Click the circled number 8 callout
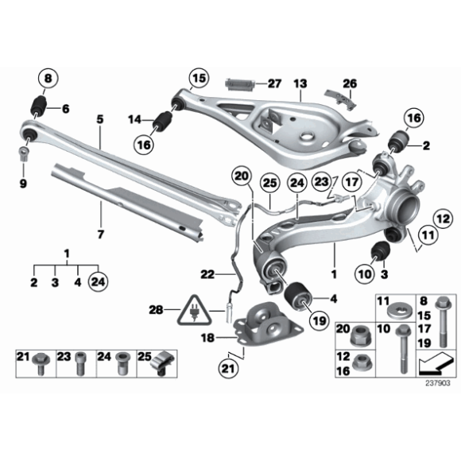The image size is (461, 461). point(47,79)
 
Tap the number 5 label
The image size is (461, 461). point(100,119)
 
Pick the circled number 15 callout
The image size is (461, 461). point(197,78)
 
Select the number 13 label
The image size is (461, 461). point(300,83)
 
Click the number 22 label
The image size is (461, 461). point(207,274)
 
